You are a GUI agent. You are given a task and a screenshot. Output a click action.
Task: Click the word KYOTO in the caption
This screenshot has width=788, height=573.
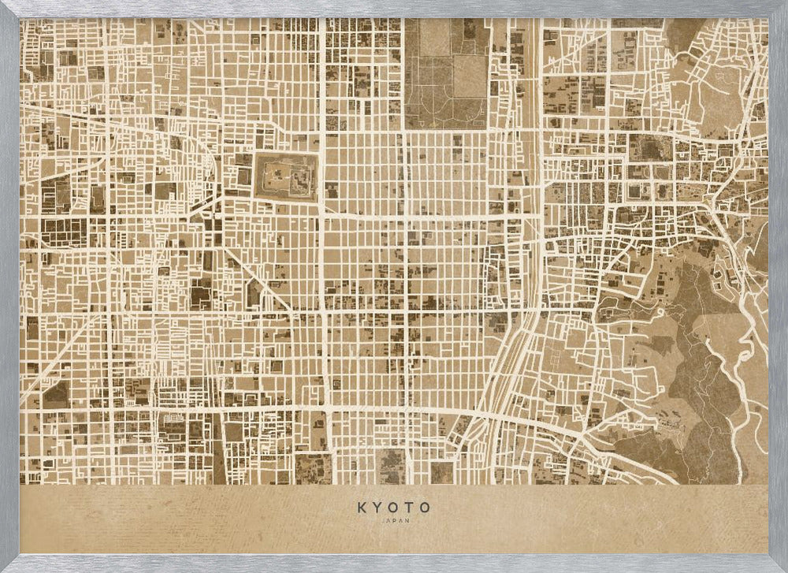(394, 508)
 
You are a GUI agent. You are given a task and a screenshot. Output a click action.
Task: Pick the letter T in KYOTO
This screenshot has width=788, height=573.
(410, 508)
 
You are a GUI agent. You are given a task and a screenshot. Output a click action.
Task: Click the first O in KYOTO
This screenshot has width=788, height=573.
(394, 508)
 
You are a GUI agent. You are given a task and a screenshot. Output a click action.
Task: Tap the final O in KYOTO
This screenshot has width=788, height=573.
(426, 508)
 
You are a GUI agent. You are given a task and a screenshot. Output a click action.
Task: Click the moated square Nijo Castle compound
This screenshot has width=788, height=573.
(285, 175)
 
